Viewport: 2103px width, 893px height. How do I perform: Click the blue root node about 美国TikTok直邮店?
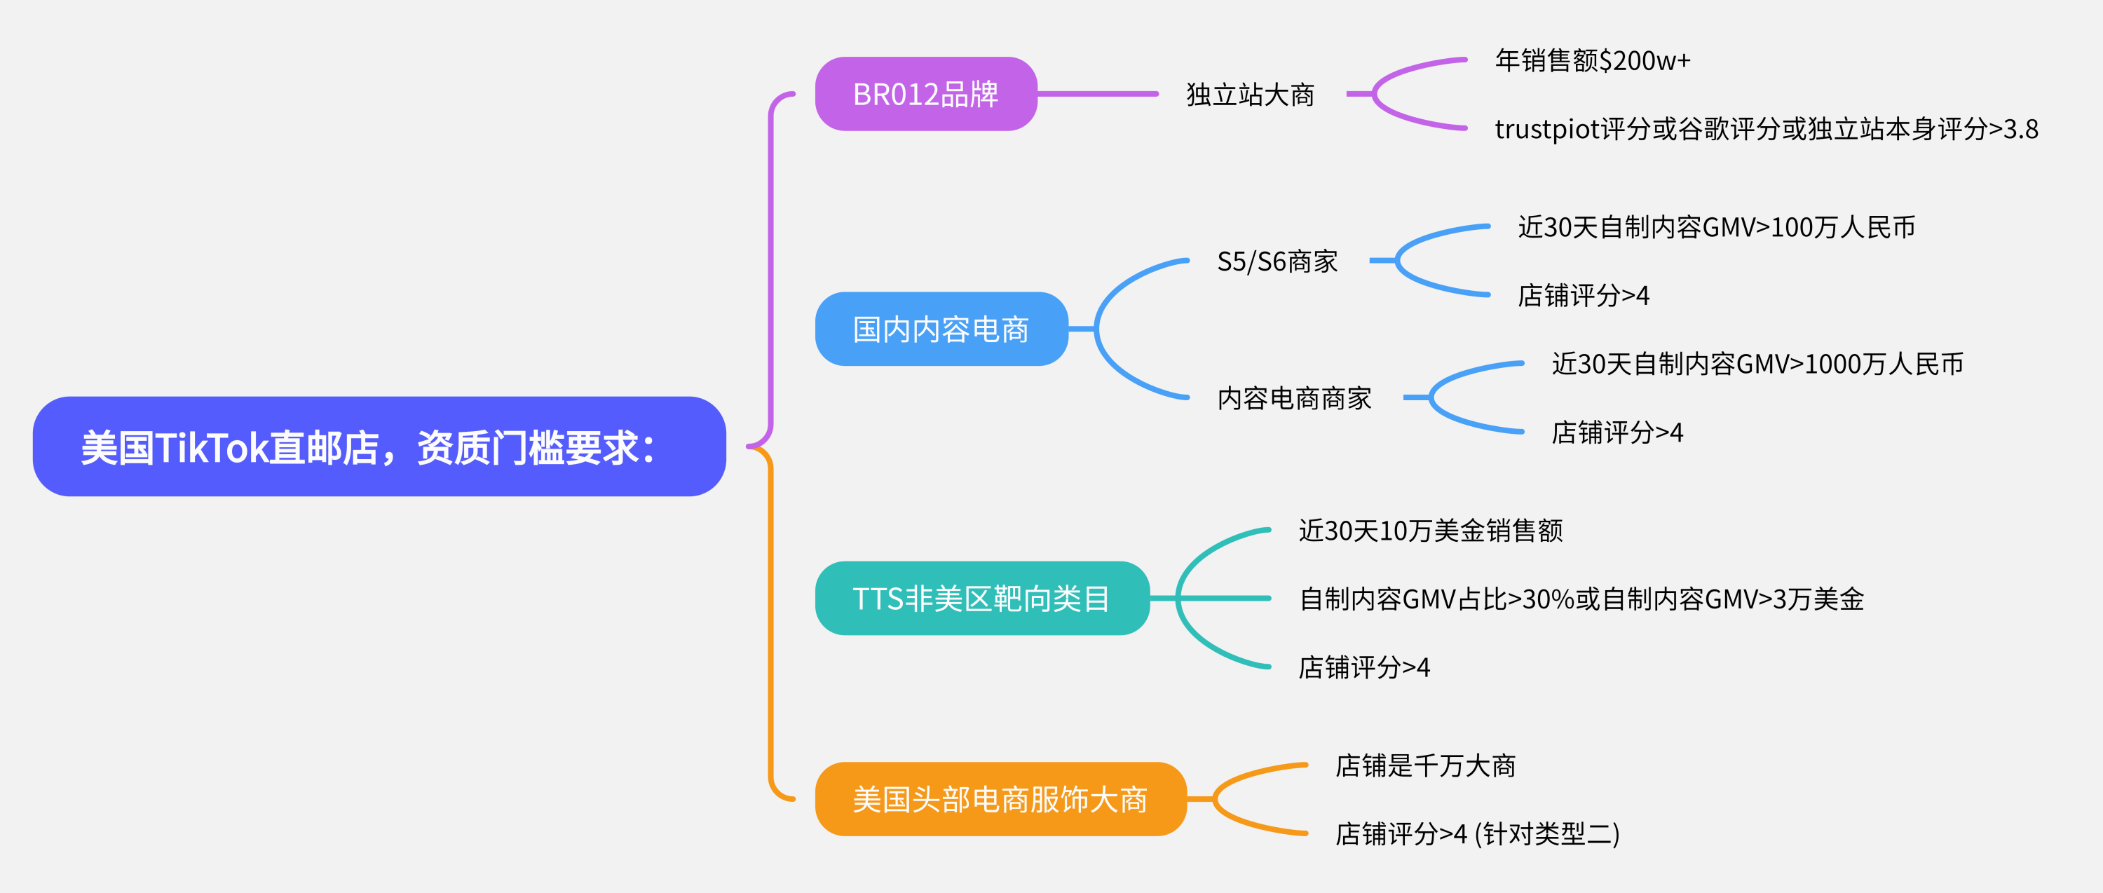[379, 446]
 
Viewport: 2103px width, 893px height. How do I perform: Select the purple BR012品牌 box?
[926, 94]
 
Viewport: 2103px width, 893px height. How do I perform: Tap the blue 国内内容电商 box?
[941, 329]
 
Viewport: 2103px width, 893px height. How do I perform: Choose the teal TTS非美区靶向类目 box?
[981, 599]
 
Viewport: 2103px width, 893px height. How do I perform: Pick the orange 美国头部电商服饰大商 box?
[1000, 799]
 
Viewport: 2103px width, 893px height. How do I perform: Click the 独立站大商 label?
[1250, 95]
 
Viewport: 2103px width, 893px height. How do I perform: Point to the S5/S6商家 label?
[1277, 261]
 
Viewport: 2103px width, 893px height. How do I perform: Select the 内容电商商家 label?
[1294, 398]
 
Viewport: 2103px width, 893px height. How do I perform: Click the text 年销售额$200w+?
[1592, 60]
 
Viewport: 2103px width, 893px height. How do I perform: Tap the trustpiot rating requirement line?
[1766, 129]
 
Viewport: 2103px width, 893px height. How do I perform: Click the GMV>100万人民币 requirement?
[1716, 227]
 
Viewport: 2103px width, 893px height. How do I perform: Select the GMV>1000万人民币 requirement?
[1757, 364]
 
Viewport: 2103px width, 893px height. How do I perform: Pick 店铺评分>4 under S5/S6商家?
[1583, 296]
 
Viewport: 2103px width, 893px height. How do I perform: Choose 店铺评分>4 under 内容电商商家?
[1617, 432]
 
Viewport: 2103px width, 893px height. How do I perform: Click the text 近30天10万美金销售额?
[1430, 531]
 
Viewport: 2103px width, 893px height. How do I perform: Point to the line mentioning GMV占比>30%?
[1581, 599]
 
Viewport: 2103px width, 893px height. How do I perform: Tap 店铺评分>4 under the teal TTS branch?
[1363, 668]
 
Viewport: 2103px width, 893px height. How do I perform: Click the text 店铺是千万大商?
[1424, 765]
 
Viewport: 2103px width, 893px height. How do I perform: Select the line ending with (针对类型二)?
[1477, 834]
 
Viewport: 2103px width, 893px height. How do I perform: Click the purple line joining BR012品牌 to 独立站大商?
[1098, 94]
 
